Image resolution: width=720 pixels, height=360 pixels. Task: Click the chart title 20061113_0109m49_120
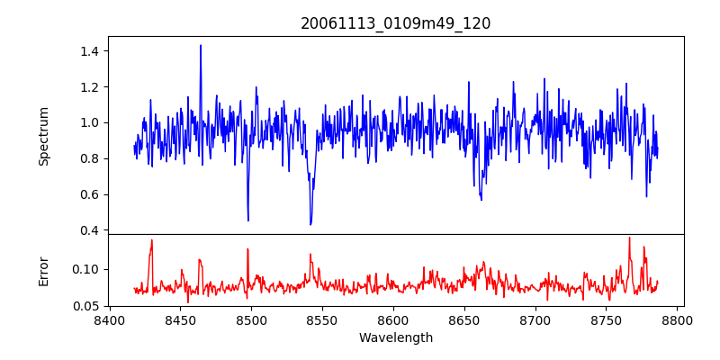coord(395,23)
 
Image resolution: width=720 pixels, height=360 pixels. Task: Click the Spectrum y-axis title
coord(43,136)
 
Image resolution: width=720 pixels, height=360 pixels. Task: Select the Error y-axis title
coord(43,270)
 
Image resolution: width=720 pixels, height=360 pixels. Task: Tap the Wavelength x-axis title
coord(395,337)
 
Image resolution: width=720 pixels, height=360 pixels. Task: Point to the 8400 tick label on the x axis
coord(110,320)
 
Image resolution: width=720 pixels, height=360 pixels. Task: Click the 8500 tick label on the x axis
coord(251,320)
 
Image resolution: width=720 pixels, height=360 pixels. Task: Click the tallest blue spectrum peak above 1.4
coord(201,45)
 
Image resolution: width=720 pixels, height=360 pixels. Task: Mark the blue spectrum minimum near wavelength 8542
coord(310,224)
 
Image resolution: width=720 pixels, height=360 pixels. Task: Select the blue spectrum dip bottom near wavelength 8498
coord(248,220)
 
